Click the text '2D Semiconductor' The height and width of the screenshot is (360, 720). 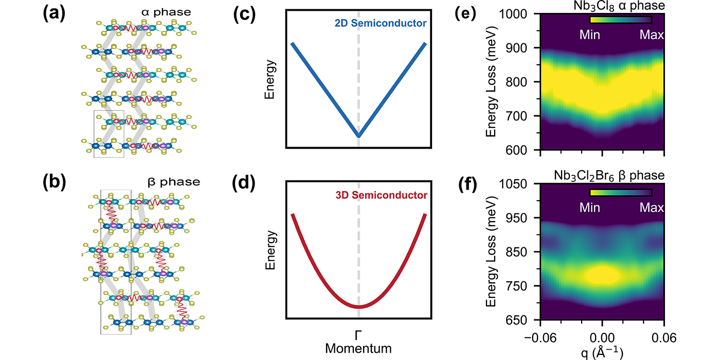click(393, 24)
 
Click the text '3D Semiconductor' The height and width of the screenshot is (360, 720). click(393, 195)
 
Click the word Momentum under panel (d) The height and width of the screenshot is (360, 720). click(358, 348)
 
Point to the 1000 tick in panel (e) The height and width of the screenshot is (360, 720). click(520, 14)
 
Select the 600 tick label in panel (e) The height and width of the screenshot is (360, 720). click(524, 150)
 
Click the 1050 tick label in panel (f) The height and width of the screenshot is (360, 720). click(520, 184)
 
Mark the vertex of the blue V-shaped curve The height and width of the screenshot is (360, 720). click(358, 136)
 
